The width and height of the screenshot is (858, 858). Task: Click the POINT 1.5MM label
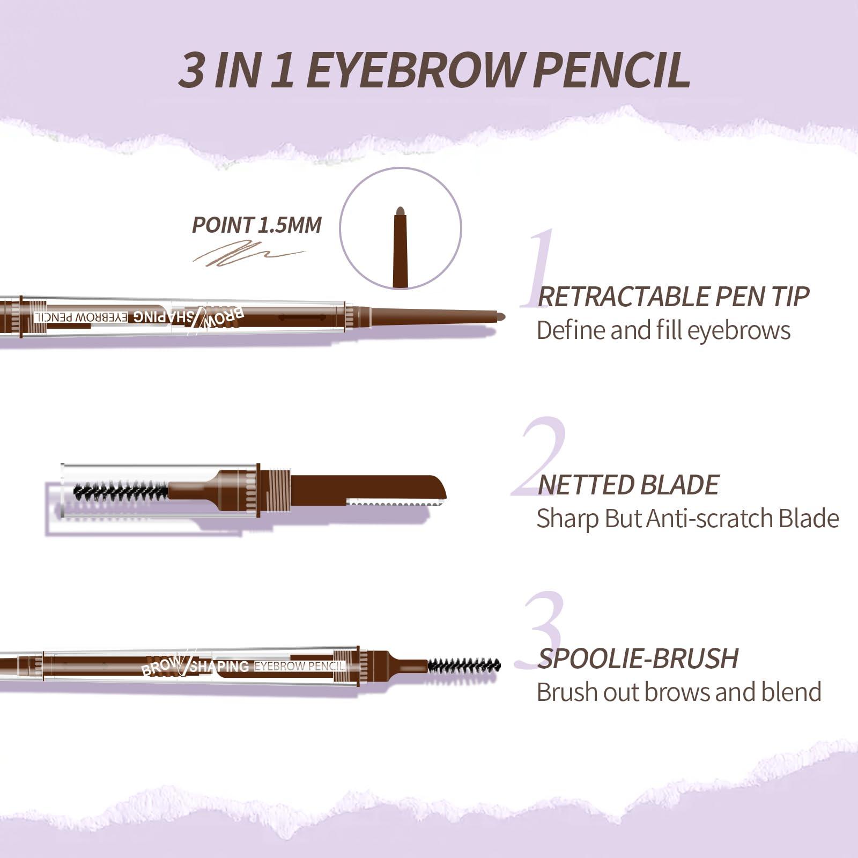point(256,225)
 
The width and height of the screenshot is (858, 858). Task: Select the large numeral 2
point(539,456)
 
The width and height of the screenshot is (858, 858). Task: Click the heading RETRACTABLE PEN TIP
point(673,297)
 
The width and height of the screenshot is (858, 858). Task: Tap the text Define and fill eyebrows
point(663,330)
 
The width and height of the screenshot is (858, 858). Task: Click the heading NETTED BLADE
point(627,485)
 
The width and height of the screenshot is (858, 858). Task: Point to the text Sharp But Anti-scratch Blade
point(687,519)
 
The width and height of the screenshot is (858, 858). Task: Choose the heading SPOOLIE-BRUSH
point(638,659)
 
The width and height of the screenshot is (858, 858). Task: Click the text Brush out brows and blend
point(679,692)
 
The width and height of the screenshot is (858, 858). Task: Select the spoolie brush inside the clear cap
point(121,491)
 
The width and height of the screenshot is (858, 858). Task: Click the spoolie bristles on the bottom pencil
point(464,667)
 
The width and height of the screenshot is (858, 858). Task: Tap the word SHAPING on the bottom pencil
point(220,667)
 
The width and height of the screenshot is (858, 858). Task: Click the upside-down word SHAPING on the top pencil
point(158,316)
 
